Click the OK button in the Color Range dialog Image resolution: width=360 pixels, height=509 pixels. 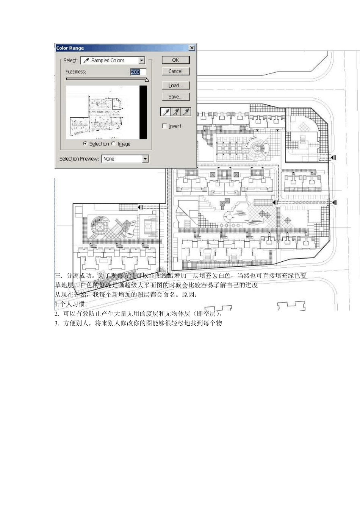coord(175,60)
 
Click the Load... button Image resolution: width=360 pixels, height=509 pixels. coord(175,86)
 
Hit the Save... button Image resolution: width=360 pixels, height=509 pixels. coord(175,97)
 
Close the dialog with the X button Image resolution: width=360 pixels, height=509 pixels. coord(192,48)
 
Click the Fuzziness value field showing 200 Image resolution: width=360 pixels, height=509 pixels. coord(138,72)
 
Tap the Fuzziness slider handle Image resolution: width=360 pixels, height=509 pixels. coord(147,80)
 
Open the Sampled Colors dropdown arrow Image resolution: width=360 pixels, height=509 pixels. coord(141,61)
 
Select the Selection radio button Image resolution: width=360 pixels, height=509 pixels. coord(85,144)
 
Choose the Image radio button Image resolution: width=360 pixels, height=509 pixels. coord(114,144)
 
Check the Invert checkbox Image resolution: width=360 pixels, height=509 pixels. coord(164,126)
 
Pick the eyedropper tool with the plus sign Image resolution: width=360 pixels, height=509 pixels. coord(176,112)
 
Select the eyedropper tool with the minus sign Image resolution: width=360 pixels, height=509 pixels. coord(186,112)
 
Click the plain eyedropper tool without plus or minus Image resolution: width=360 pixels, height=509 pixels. coord(166,112)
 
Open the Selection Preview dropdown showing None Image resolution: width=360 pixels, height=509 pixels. coord(145,159)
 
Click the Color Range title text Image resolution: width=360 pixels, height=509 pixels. coord(70,48)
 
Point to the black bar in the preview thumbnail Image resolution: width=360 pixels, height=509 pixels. coord(143,112)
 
